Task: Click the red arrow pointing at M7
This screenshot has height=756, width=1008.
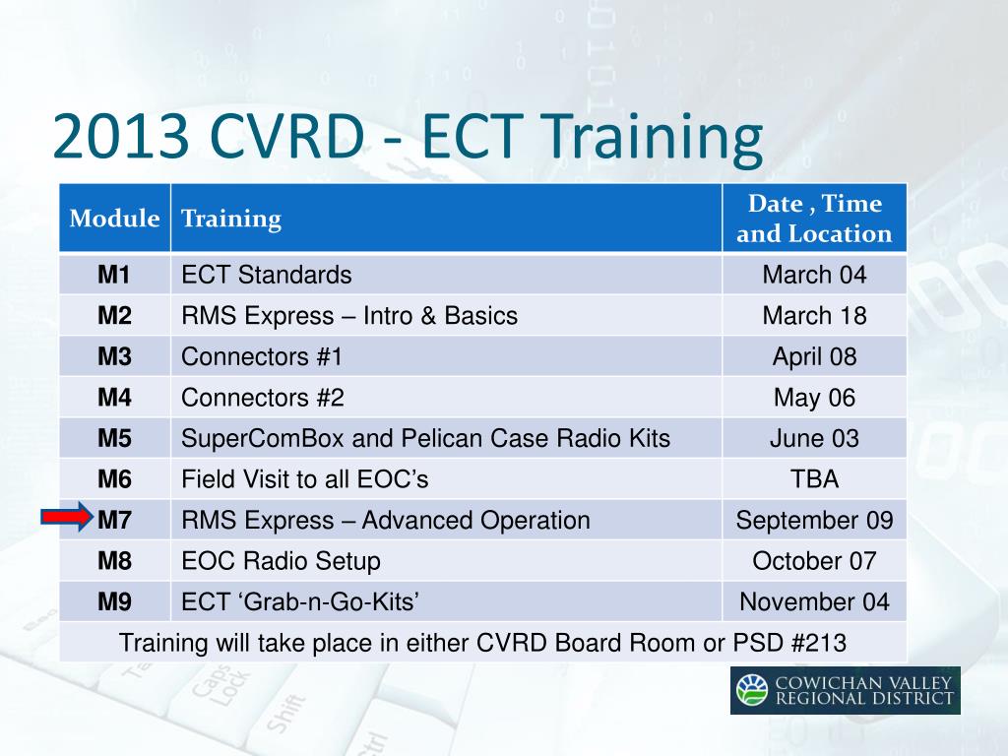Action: (x=68, y=517)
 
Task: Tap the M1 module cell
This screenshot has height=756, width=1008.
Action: (x=114, y=276)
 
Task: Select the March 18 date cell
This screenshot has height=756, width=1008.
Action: (x=814, y=316)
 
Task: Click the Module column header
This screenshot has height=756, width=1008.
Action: (x=114, y=218)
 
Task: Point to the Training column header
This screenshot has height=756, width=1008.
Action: (x=446, y=218)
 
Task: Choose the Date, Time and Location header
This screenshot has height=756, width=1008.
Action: (x=814, y=218)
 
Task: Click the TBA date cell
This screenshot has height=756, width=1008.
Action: (x=814, y=479)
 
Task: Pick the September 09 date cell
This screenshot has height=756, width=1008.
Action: (x=814, y=520)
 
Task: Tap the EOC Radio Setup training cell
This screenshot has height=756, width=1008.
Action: (x=446, y=560)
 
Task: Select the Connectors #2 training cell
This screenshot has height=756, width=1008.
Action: (x=446, y=398)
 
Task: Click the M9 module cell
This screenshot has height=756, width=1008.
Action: (x=114, y=601)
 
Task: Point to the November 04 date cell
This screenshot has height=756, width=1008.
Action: (x=814, y=601)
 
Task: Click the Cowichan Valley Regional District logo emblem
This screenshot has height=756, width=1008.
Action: (x=752, y=690)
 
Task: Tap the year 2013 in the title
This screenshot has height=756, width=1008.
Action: (x=121, y=136)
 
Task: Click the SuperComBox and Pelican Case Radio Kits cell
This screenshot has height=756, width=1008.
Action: (x=446, y=438)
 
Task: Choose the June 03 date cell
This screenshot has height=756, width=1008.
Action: (x=814, y=438)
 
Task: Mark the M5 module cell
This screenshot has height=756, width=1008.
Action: (x=114, y=438)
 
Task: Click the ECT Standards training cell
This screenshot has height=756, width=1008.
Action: (x=446, y=276)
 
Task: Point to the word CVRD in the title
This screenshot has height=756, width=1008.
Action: (x=287, y=136)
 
